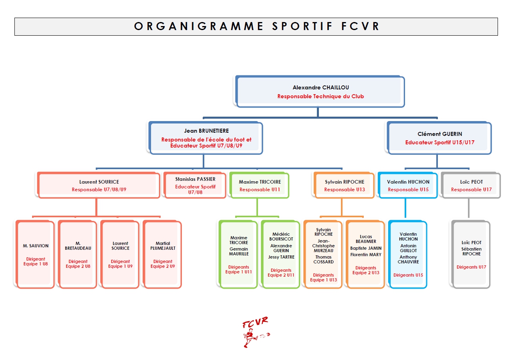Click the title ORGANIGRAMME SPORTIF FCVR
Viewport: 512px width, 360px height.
256,26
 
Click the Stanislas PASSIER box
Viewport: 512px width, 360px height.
195,185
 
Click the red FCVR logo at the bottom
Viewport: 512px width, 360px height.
255,332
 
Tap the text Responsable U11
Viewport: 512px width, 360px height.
260,190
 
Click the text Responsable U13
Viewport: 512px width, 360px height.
345,190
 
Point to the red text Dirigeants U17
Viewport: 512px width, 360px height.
471,267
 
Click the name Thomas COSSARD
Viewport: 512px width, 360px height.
323,259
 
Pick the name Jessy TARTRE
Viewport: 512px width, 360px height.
281,257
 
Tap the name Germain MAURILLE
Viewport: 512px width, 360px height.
239,251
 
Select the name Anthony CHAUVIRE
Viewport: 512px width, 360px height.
408,259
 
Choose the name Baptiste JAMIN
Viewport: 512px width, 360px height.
366,248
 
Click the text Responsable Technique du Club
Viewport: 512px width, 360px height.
321,97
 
